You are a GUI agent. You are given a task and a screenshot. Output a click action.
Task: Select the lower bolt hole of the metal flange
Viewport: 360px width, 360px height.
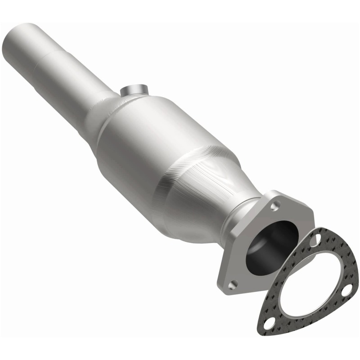[232, 284]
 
